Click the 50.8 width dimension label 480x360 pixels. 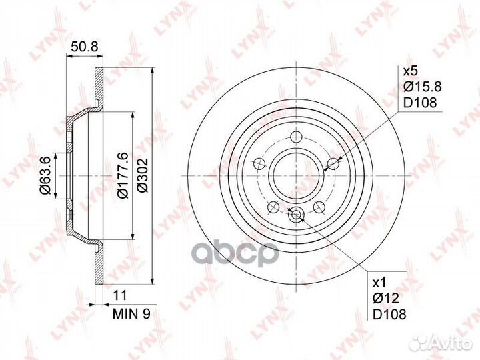pos(84,47)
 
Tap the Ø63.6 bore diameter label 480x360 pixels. pos(45,176)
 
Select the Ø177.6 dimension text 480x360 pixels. pos(124,176)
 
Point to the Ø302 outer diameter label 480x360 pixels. pos(143,175)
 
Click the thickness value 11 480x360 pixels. pos(120,296)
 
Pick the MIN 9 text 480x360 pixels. pos(132,314)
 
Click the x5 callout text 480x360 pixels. pos(410,71)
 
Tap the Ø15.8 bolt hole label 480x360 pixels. pos(423,87)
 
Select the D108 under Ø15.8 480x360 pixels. pos(420,103)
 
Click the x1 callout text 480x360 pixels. pos(380,283)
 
